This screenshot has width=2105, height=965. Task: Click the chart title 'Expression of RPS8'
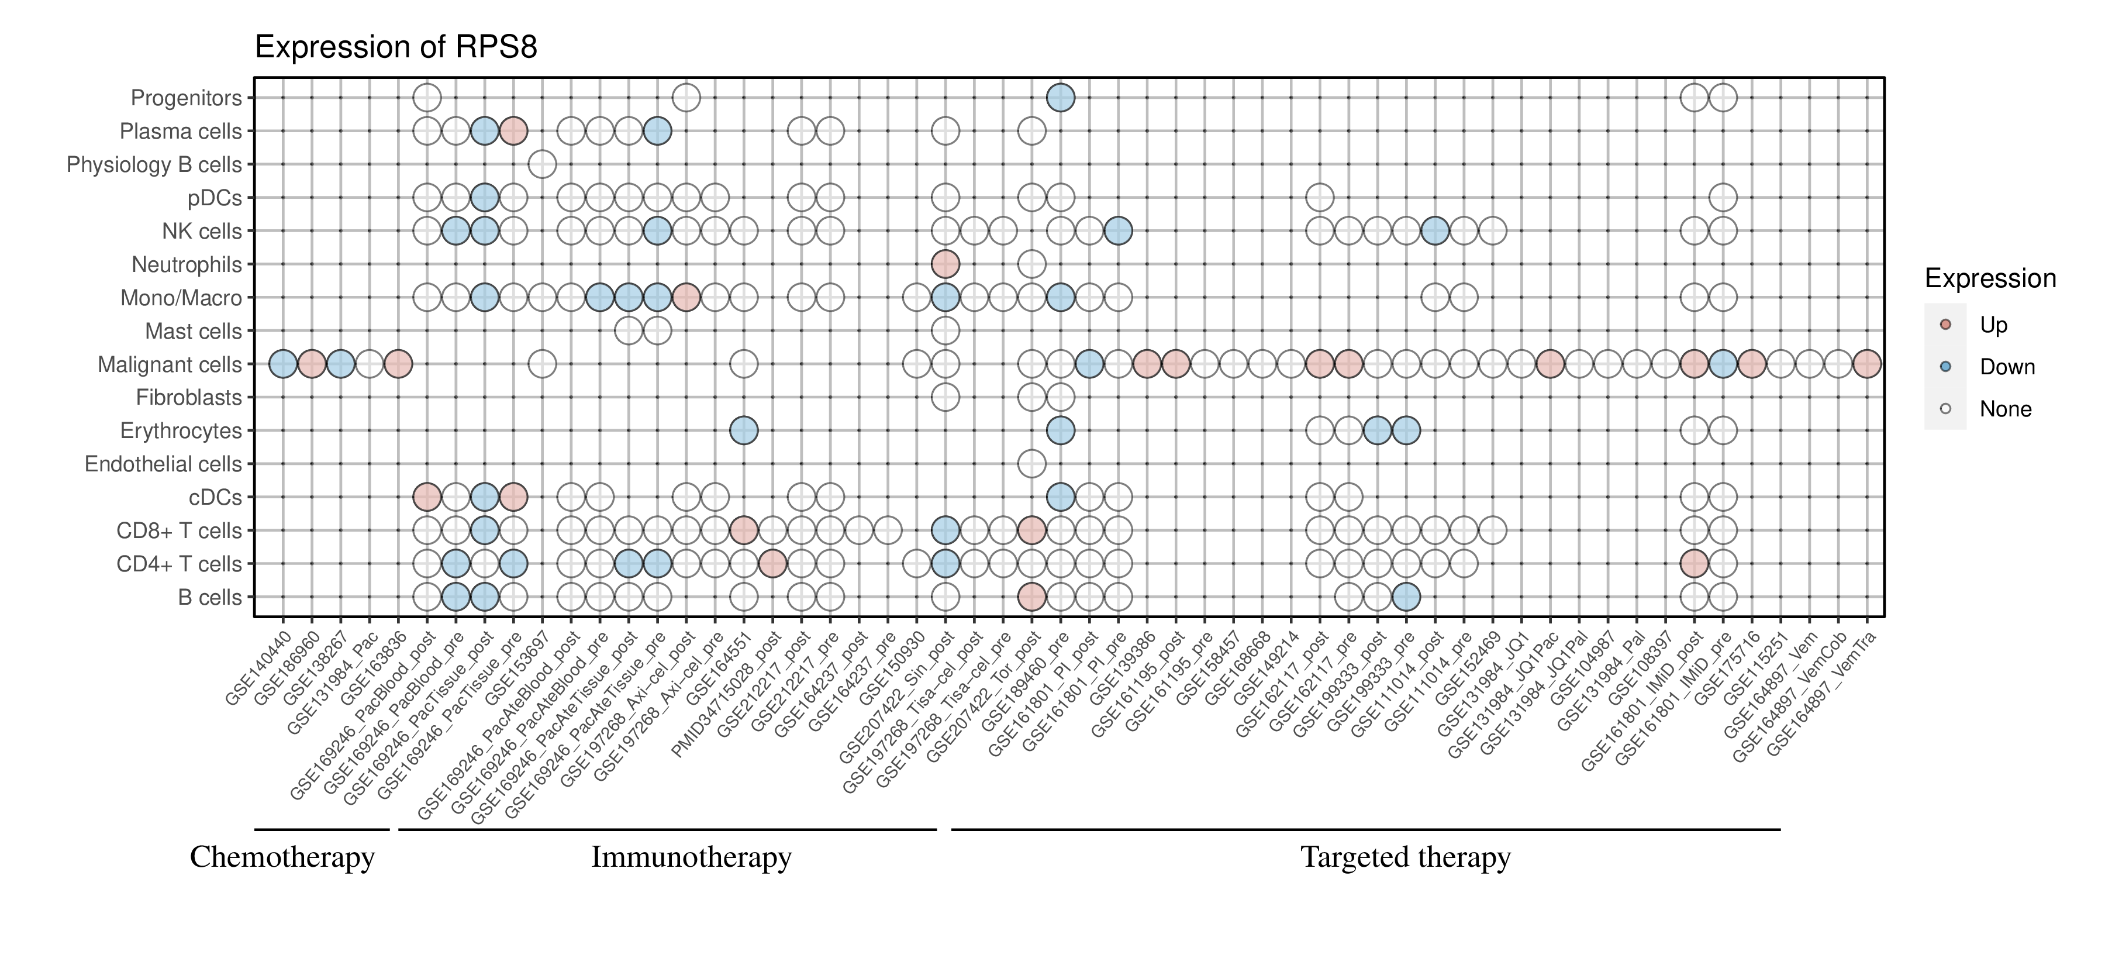pos(396,47)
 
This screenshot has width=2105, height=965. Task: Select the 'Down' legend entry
pos(2006,367)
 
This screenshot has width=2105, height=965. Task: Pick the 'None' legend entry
pos(2004,409)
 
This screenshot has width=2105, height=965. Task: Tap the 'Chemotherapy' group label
pos(282,857)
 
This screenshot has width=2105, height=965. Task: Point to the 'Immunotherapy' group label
pos(691,857)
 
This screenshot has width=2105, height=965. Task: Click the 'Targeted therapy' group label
pos(1406,857)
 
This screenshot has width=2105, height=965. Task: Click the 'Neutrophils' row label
pos(187,265)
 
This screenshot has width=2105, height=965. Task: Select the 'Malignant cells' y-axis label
pos(170,364)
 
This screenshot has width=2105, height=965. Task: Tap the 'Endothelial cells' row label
pos(164,464)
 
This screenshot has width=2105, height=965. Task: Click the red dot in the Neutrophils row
pos(945,264)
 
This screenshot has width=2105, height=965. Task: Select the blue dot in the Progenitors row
pos(1061,98)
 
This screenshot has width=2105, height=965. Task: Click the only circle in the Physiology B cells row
pos(543,164)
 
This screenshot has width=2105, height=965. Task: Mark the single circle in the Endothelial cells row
pos(1032,464)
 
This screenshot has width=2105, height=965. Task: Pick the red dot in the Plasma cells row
pos(513,131)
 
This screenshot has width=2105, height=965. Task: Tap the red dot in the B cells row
pos(1032,597)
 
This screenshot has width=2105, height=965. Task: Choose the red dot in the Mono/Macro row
pos(686,298)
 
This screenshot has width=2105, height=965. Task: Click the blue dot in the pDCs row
pos(485,198)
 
